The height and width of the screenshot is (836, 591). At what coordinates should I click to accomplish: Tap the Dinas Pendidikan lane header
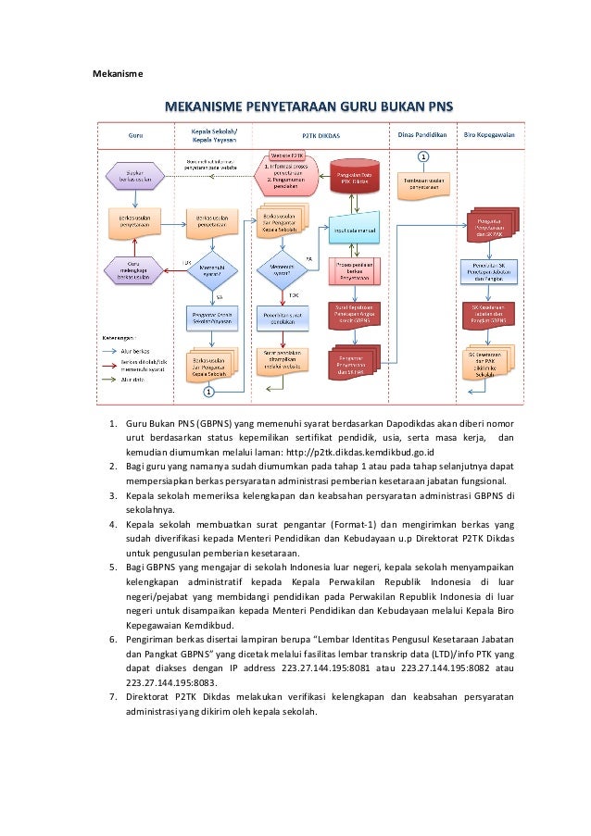coord(422,134)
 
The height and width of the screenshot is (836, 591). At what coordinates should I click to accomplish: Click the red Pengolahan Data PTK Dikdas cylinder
coord(351,176)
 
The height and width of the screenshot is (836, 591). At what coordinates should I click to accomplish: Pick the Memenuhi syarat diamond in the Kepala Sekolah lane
coord(212,269)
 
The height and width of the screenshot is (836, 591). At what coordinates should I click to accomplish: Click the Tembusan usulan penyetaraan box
coord(423,182)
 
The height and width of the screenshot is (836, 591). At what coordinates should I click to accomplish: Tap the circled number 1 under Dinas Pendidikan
coord(423,156)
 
